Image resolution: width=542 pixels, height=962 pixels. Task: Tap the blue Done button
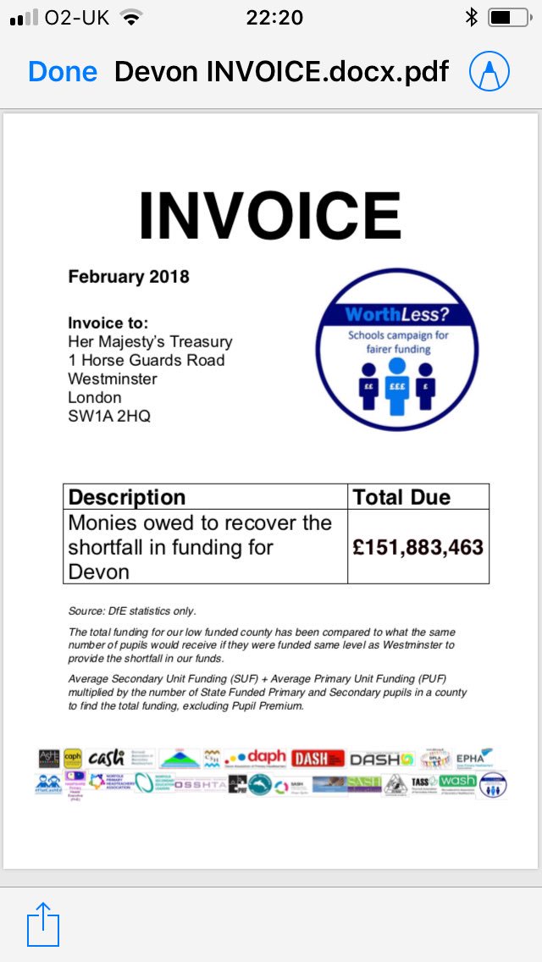point(63,71)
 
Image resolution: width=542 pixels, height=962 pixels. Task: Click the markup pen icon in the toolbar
point(490,71)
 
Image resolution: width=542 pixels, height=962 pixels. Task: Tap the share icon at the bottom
point(43,924)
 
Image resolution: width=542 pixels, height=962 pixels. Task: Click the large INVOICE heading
point(269,215)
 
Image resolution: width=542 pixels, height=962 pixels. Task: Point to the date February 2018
point(129,277)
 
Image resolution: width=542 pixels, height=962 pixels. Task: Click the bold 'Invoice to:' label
point(108,323)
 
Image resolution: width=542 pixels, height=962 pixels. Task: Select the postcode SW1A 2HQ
point(109,416)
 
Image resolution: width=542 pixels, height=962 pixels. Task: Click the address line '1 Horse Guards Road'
point(147,360)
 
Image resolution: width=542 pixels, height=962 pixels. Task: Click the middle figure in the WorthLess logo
point(396,385)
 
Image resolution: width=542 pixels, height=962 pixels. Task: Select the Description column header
point(126,497)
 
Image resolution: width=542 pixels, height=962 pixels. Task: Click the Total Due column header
point(401,497)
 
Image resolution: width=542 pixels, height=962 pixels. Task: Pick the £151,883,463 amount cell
point(418,547)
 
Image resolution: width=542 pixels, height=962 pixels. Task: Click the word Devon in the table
point(98,572)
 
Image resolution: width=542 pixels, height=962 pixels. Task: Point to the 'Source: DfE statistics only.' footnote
point(132,611)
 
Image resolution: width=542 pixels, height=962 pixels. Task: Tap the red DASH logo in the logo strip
point(318,759)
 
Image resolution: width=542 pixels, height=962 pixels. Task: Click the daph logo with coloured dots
point(255,758)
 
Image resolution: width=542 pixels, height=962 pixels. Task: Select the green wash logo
point(458,781)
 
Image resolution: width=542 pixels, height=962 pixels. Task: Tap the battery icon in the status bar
point(506,17)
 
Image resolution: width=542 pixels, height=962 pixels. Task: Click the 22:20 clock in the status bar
point(274,17)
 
